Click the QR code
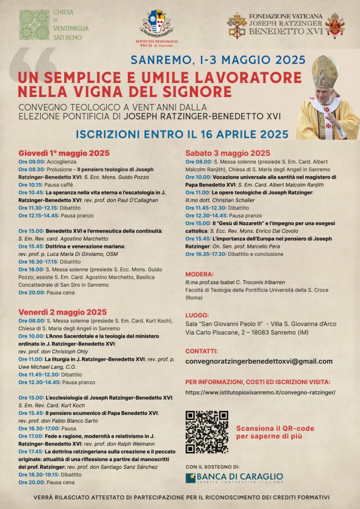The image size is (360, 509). [206, 432]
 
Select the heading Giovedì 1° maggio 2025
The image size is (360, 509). [64, 153]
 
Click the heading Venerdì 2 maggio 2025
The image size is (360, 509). [63, 312]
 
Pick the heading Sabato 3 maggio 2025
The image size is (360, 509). [228, 153]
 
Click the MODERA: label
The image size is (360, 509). [200, 274]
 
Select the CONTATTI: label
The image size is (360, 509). [201, 350]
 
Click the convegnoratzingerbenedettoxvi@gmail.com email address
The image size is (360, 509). [259, 361]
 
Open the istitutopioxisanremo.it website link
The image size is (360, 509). [260, 392]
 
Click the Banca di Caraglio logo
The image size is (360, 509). [234, 478]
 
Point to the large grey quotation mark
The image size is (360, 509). [39, 62]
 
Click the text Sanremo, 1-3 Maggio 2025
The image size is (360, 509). [218, 60]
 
